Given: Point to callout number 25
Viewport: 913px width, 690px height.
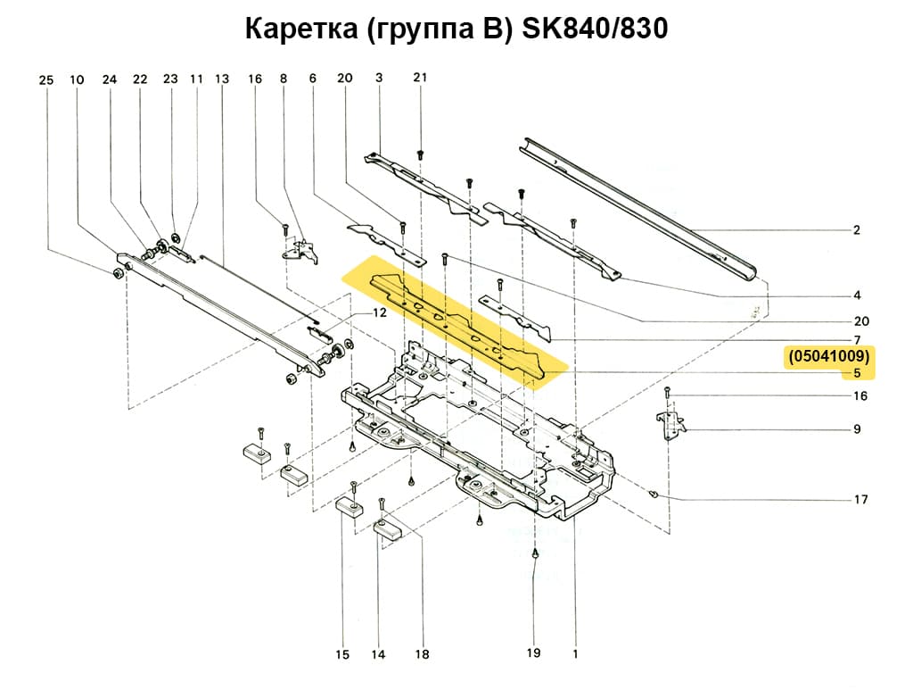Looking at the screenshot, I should pyautogui.click(x=46, y=79).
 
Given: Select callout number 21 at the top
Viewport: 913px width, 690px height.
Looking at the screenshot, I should pyautogui.click(x=420, y=78).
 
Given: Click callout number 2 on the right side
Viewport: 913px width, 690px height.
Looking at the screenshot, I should pyautogui.click(x=857, y=230).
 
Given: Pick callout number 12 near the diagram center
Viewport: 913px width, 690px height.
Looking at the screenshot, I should pyautogui.click(x=380, y=313).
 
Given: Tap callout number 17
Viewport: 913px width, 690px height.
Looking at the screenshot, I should pyautogui.click(x=860, y=499).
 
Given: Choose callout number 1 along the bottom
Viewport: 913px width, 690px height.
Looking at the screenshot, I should pyautogui.click(x=575, y=653).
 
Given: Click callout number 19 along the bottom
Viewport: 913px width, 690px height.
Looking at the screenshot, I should pyautogui.click(x=533, y=653).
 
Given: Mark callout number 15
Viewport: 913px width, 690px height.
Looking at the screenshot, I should pyautogui.click(x=342, y=655).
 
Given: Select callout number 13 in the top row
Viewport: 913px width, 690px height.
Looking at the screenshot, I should pyautogui.click(x=222, y=79).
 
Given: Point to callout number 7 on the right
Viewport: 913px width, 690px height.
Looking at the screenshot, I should pyautogui.click(x=857, y=340).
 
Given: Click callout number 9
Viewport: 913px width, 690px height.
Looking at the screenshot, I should pyautogui.click(x=857, y=429).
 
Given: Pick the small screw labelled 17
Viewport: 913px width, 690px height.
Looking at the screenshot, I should pyautogui.click(x=655, y=492).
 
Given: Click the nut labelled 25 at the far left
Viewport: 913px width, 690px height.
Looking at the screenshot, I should pyautogui.click(x=119, y=271).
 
